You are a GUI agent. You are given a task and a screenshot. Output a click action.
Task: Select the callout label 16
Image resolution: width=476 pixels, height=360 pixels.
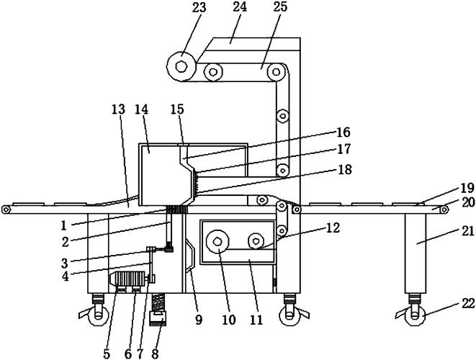coord(343,132)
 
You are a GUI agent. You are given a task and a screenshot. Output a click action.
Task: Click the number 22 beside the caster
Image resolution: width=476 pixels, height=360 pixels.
coord(467,303)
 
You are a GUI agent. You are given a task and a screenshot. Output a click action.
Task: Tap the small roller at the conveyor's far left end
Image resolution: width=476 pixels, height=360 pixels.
coord(6,210)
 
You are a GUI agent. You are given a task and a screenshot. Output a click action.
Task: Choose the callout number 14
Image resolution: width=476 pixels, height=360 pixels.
coord(141,109)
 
